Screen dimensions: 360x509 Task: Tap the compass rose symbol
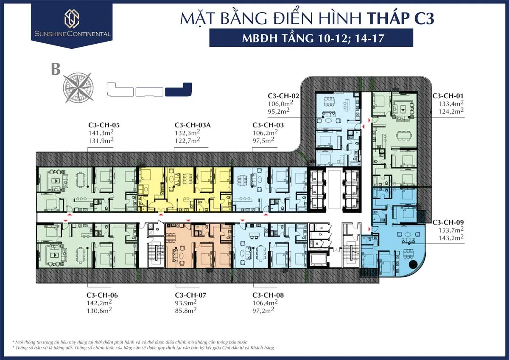point(78,88)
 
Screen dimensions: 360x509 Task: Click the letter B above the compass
point(56,69)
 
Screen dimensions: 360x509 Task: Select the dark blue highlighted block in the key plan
point(179,90)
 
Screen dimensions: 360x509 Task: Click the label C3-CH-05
point(104,125)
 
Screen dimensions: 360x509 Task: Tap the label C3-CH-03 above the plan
point(268,125)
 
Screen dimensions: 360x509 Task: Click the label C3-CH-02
point(283,96)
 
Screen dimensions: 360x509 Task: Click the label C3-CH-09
point(448,222)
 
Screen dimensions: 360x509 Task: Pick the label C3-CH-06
point(102,295)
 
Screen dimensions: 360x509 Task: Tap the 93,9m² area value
point(186,303)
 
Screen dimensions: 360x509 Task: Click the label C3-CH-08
point(268,295)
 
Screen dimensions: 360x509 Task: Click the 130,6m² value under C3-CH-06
point(99,310)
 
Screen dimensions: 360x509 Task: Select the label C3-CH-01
point(448,96)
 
